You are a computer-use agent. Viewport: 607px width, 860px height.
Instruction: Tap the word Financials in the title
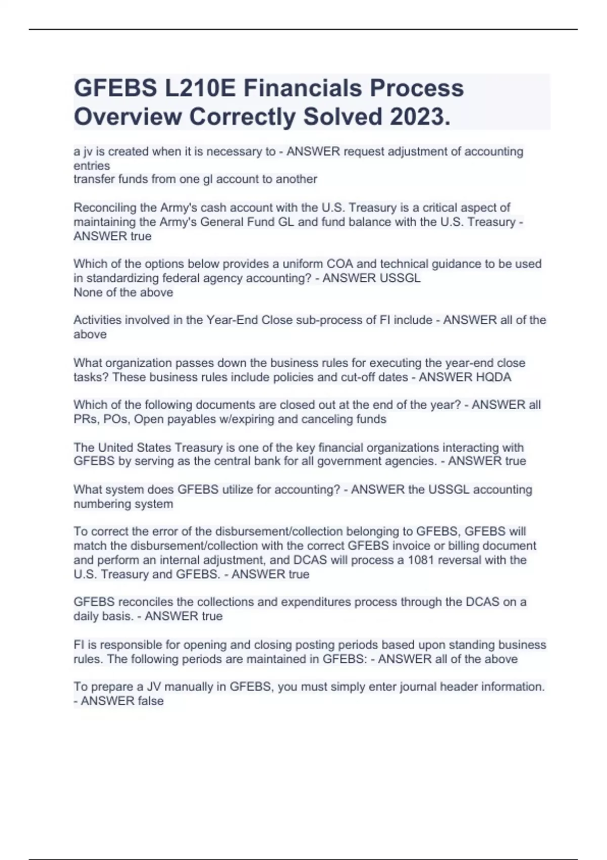[302, 88]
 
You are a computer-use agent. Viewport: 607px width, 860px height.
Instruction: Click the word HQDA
[493, 377]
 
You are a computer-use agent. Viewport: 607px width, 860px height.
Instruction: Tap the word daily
[85, 616]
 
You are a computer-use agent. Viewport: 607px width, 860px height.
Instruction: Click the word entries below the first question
[92, 165]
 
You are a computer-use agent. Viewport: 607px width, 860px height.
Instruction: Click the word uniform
[303, 264]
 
